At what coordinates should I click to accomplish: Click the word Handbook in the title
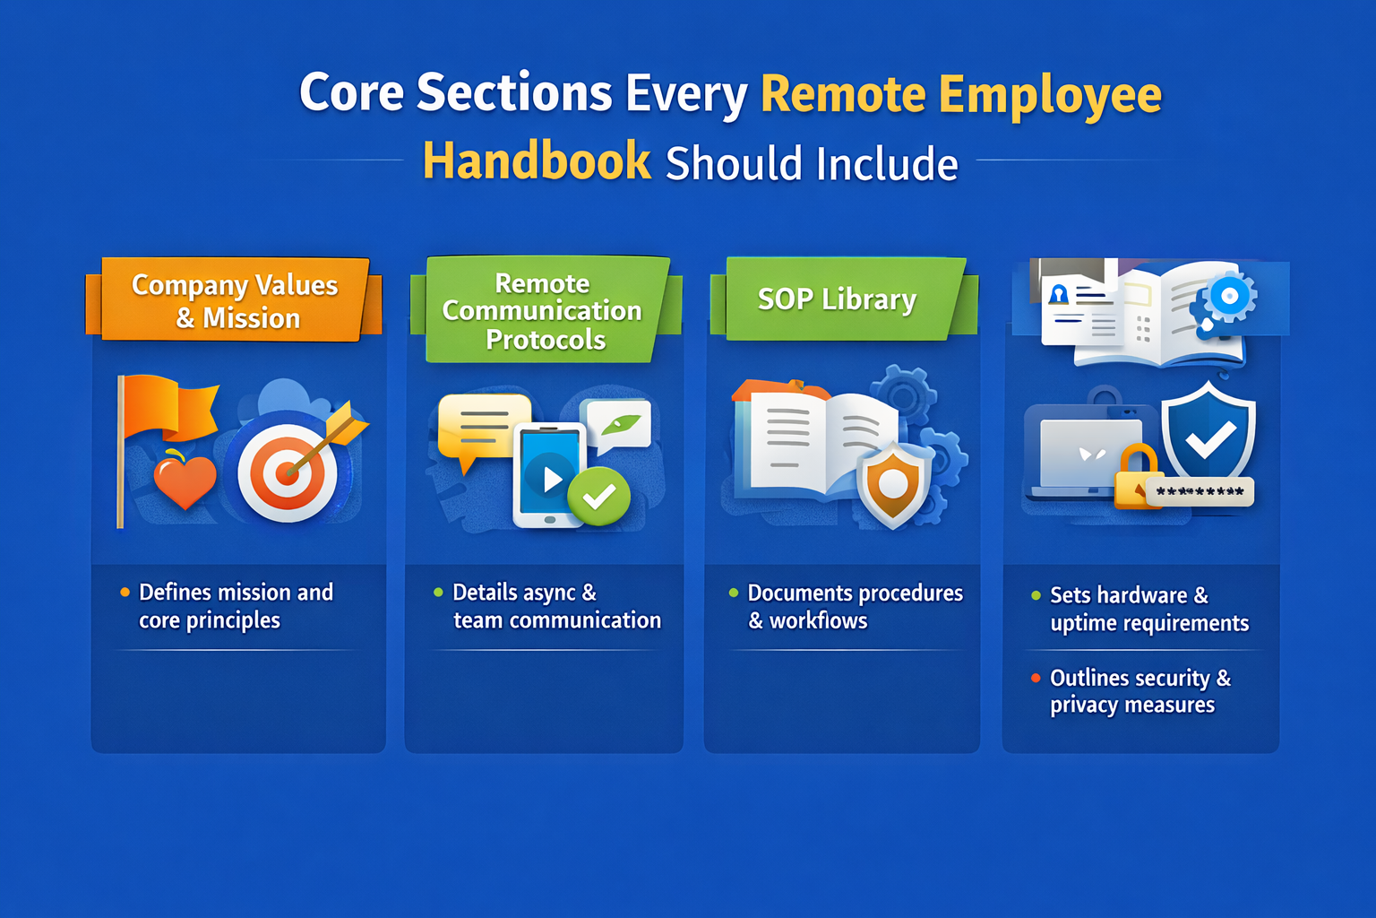tap(537, 161)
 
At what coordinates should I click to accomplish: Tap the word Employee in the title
tap(1050, 95)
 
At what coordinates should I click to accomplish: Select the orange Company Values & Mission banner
tap(236, 300)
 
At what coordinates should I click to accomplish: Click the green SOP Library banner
tap(837, 299)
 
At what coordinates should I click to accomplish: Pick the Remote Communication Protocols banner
tap(543, 311)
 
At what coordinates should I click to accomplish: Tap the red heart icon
tap(185, 481)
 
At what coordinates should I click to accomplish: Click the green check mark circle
tap(599, 495)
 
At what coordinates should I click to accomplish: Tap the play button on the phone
tap(549, 479)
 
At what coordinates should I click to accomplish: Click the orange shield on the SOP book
tap(893, 484)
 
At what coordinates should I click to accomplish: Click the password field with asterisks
tap(1200, 491)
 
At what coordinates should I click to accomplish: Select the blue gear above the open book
tap(1229, 296)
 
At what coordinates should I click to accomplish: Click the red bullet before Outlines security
tap(1036, 678)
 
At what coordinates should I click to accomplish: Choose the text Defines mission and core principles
tap(236, 606)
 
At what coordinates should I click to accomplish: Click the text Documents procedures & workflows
tap(855, 607)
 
